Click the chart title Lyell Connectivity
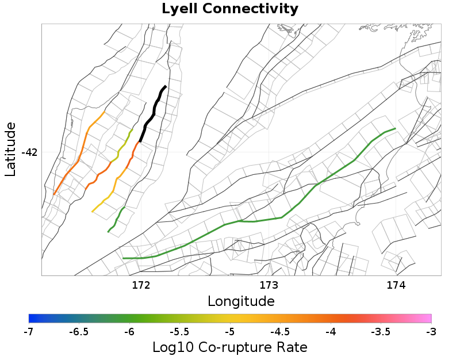click(x=230, y=9)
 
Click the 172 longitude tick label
click(x=141, y=285)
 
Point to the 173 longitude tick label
click(x=269, y=285)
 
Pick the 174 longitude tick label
click(x=396, y=285)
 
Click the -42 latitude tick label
click(x=29, y=152)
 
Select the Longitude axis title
click(x=241, y=301)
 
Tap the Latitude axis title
click(x=10, y=150)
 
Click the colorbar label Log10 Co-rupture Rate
click(x=230, y=347)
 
